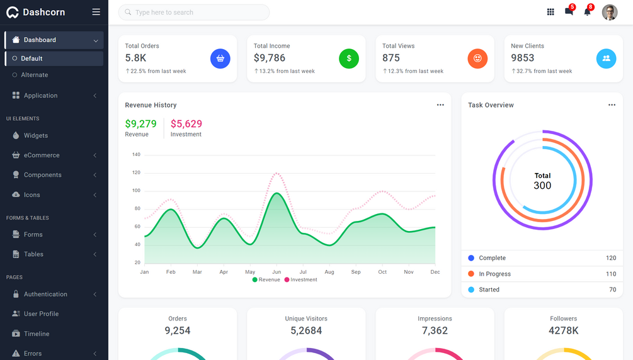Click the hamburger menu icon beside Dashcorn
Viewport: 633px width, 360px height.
(x=96, y=12)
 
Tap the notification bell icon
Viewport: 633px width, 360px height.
(x=587, y=12)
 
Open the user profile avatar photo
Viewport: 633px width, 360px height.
(x=609, y=12)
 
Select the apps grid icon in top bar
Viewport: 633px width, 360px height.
(x=550, y=12)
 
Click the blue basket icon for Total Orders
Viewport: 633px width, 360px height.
(x=220, y=59)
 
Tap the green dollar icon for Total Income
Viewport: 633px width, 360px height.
(x=348, y=59)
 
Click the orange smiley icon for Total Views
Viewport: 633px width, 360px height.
(x=477, y=59)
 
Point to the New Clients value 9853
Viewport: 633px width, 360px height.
(x=523, y=58)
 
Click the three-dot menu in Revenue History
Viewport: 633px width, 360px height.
(x=440, y=105)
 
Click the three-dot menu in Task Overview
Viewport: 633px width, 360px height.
(x=612, y=105)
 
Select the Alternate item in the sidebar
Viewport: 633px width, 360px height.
(x=35, y=75)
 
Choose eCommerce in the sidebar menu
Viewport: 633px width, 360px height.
(x=42, y=155)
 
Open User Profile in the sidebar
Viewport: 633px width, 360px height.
(x=41, y=313)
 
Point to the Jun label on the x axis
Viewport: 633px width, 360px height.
(x=277, y=272)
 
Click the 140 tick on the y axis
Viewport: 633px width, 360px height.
(x=136, y=154)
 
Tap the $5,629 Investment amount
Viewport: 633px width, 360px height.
(x=186, y=124)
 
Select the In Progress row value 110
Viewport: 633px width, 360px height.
(x=610, y=274)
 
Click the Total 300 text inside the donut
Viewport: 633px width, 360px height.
(x=542, y=181)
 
